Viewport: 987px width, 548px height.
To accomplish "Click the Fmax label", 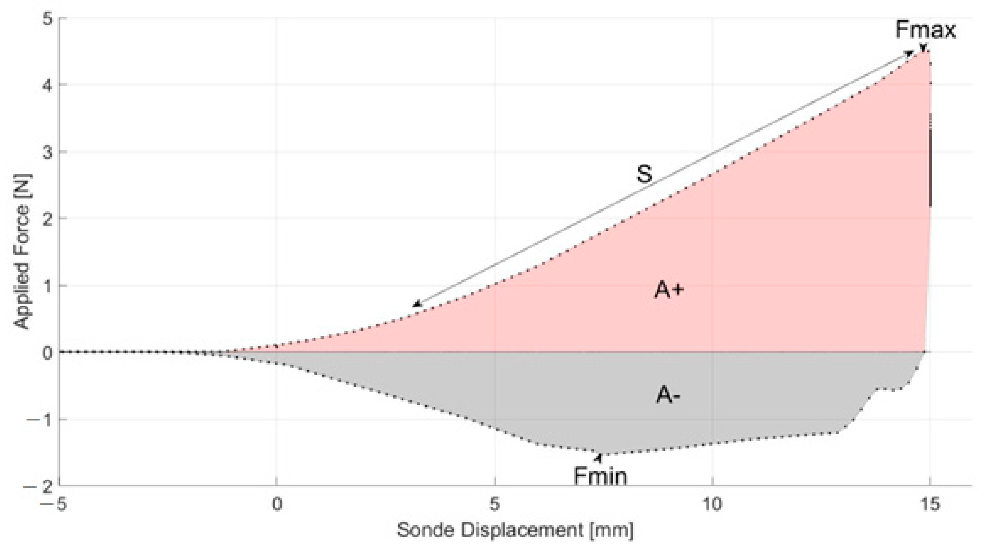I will point(925,30).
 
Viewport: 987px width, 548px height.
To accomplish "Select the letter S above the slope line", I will point(644,174).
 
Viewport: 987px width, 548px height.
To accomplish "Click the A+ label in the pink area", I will point(669,290).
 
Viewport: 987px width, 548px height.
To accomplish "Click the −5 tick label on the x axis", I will point(54,504).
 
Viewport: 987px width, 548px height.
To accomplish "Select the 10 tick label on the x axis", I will point(712,504).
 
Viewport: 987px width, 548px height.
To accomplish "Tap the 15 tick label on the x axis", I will point(930,504).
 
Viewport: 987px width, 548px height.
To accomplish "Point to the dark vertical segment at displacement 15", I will point(930,169).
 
